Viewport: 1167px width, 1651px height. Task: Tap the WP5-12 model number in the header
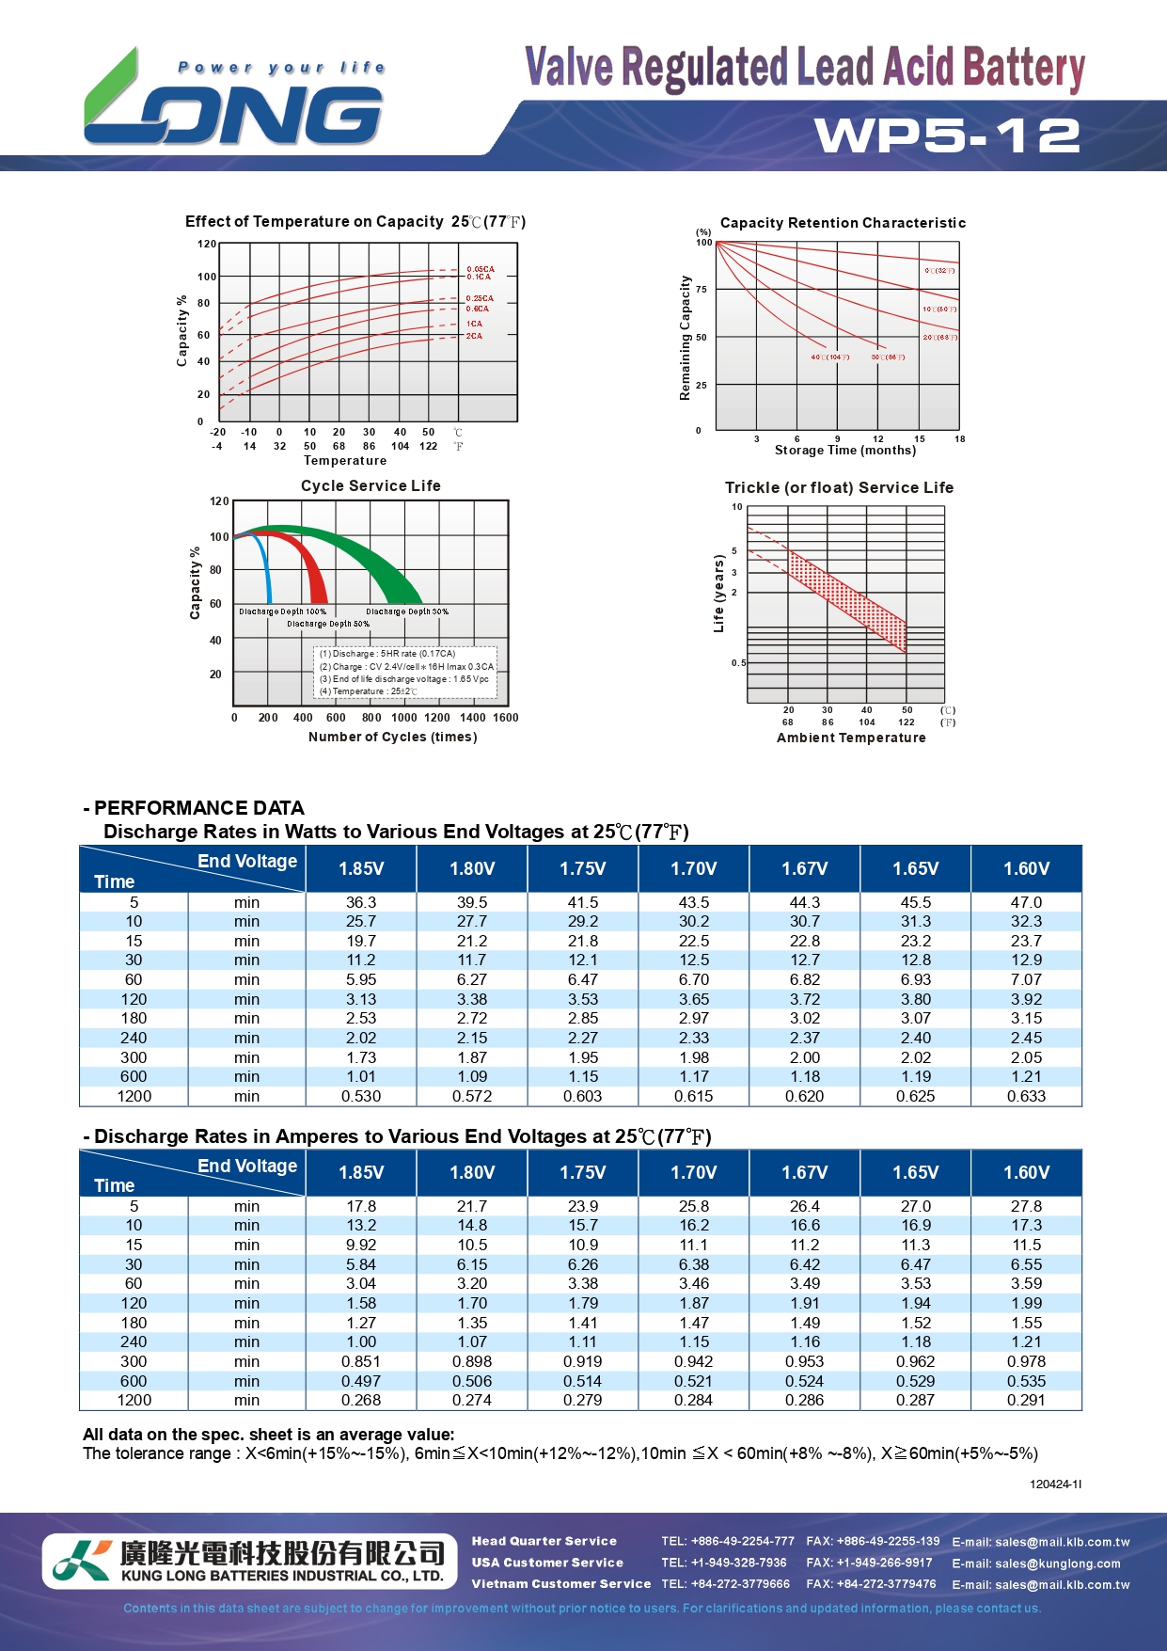pos(947,135)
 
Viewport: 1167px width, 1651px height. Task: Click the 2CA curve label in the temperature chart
pos(474,336)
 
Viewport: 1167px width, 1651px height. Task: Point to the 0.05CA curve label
pos(480,269)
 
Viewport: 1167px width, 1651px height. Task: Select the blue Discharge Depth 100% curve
pos(266,569)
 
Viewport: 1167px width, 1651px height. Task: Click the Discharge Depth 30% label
pos(407,611)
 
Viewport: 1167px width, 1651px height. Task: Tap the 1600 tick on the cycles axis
pos(506,718)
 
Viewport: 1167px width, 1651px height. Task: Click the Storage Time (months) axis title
pos(844,451)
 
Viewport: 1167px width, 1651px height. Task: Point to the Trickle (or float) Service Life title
pos(839,487)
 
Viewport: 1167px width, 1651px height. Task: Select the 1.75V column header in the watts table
pos(583,868)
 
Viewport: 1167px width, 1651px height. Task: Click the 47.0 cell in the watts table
pos(1026,902)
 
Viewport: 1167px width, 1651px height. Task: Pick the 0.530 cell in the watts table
pos(361,1096)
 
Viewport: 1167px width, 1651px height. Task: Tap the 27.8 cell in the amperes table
pos(1026,1206)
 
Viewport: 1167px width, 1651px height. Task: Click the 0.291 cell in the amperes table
pos(1026,1400)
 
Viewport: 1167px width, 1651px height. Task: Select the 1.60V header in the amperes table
pos(1026,1172)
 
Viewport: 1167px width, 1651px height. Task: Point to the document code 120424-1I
pos(1055,1484)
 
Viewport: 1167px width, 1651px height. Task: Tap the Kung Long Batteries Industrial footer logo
pos(244,1561)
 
